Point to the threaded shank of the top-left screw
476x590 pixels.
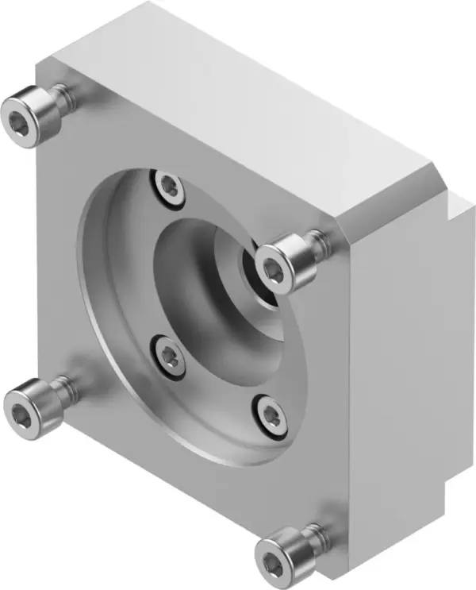[68, 98]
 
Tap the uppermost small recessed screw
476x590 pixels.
[170, 187]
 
